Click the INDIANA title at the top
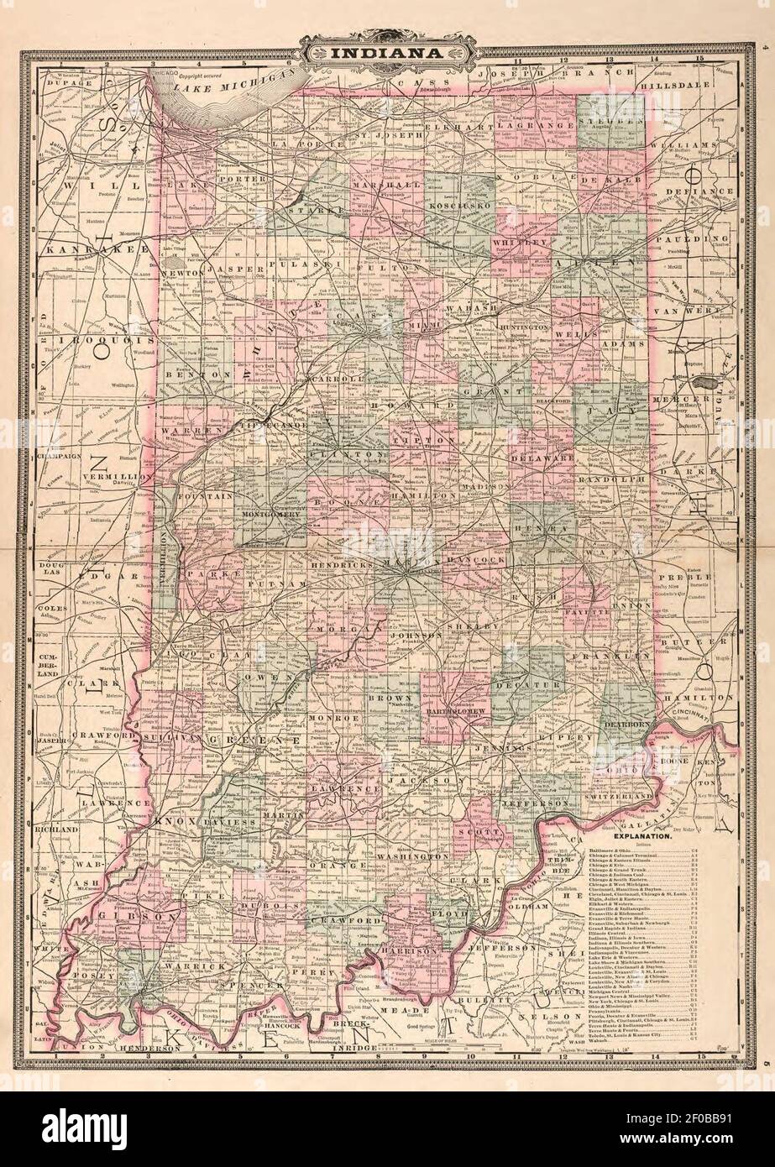(x=388, y=55)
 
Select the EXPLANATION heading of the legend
(x=641, y=837)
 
